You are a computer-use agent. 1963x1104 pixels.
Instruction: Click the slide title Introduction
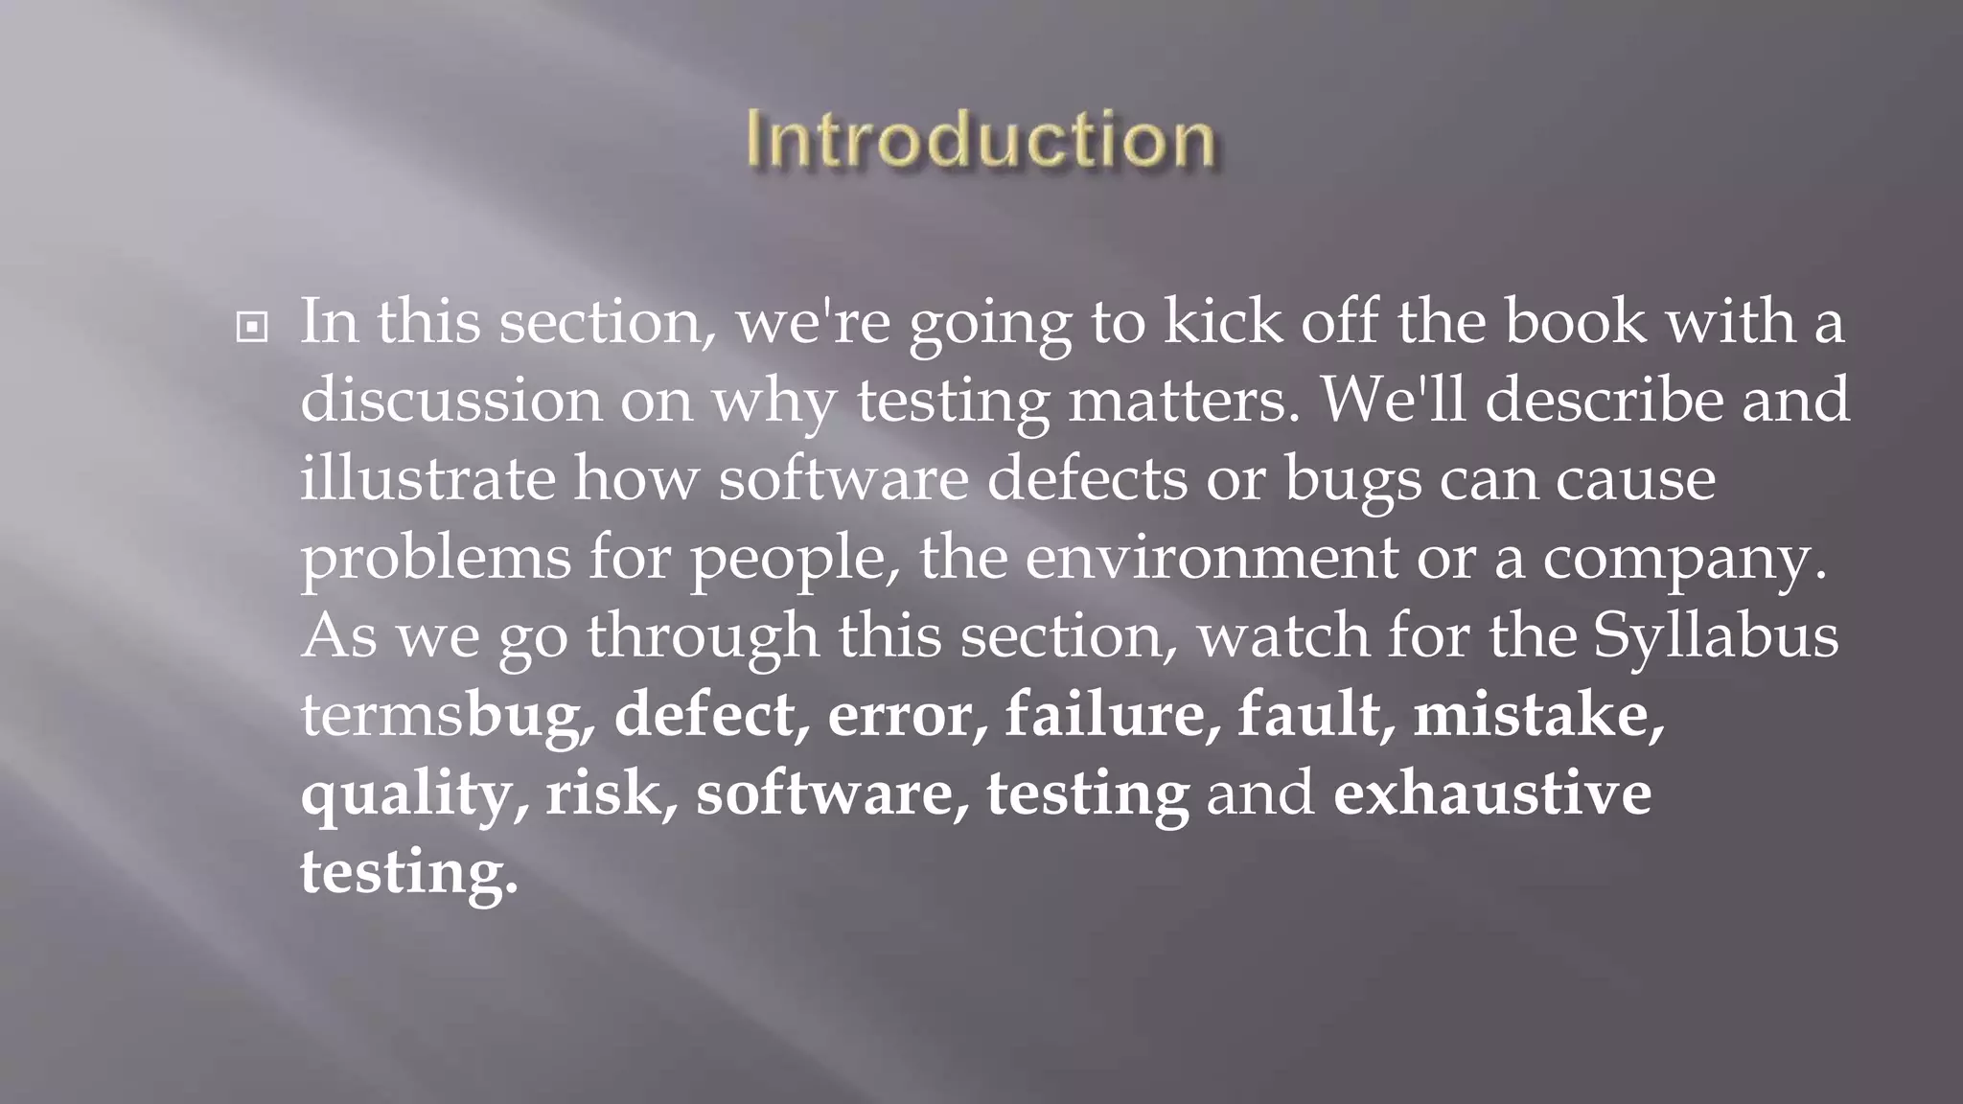click(981, 140)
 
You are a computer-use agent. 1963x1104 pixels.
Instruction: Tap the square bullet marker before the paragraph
click(252, 328)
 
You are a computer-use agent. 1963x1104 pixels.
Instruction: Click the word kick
click(1222, 321)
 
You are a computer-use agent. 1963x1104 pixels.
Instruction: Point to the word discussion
click(450, 400)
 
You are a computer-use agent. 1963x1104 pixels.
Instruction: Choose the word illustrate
click(427, 478)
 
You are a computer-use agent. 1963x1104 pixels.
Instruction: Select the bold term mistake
click(1537, 715)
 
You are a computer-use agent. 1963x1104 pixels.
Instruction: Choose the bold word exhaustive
click(1492, 793)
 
